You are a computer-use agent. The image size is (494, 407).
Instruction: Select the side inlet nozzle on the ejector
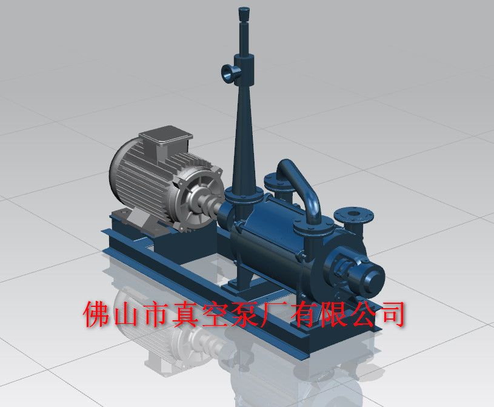coord(229,74)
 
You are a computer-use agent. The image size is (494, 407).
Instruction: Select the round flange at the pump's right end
coord(353,215)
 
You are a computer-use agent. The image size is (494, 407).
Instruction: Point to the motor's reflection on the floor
coord(176,352)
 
